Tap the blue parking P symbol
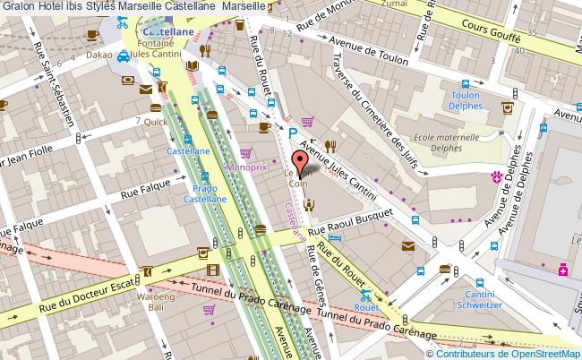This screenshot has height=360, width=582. (292, 133)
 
